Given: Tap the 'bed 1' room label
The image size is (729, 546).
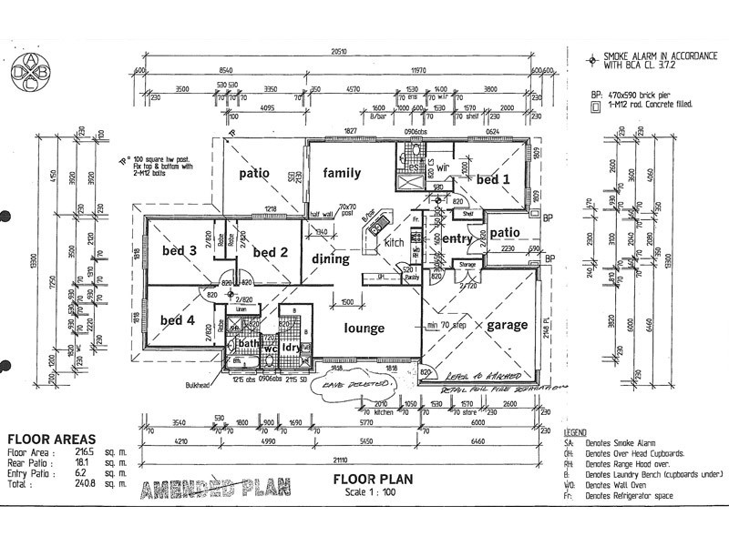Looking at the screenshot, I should click(493, 180).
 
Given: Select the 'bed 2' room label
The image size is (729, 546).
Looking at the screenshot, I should click(271, 252).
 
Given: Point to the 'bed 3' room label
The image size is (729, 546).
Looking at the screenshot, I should click(180, 250).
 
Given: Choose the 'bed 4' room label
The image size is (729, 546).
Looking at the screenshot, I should click(178, 319).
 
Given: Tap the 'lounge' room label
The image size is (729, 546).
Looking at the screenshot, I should click(364, 329).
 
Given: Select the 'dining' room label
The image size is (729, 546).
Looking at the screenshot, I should click(331, 259).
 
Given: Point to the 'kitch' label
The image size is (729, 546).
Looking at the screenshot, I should click(393, 243).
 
